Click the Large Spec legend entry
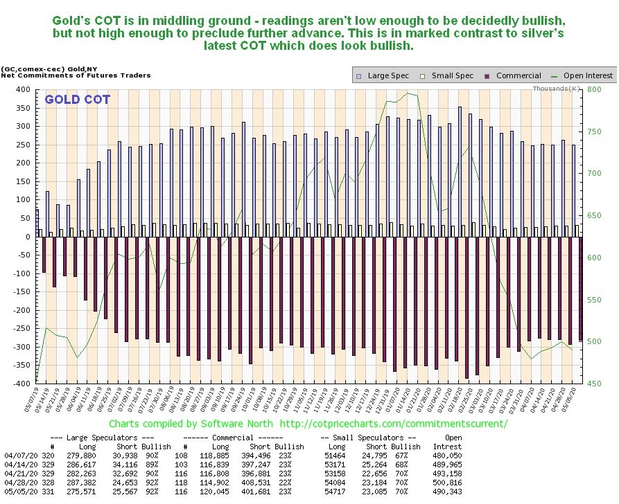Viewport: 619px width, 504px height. [x=385, y=75]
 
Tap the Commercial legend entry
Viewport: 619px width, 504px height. [x=514, y=75]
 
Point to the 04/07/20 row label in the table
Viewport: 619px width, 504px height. [x=17, y=457]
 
